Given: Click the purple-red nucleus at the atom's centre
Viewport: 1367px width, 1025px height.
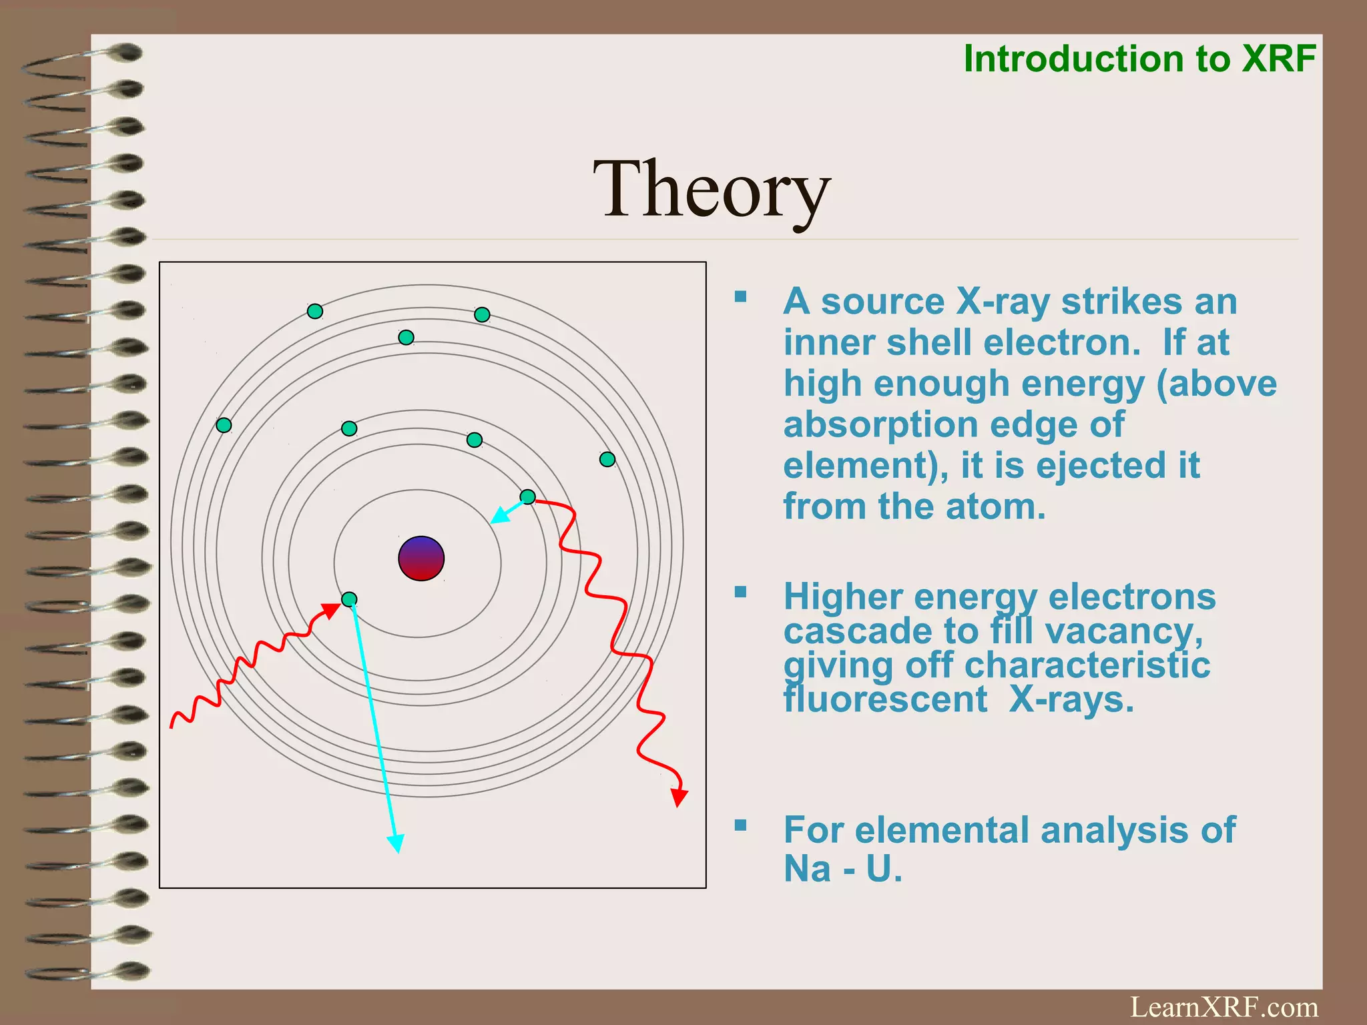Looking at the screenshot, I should (x=421, y=559).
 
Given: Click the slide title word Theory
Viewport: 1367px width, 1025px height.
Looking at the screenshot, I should (x=712, y=190).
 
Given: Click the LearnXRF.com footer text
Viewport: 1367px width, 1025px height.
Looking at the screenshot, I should (x=1223, y=1006).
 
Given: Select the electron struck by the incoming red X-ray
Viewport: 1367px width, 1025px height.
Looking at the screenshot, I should (x=349, y=599).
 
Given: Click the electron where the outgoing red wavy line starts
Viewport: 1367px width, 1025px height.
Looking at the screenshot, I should (x=527, y=496).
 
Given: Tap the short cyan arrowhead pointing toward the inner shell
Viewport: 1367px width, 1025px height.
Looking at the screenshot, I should (x=498, y=517).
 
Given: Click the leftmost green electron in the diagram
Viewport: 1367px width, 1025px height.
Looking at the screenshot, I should (x=224, y=425).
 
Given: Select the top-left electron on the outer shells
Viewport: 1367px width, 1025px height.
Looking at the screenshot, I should (x=315, y=311).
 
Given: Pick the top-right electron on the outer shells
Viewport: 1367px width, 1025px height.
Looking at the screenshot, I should (x=482, y=314).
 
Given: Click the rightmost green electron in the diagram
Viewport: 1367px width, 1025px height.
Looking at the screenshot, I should (x=607, y=459).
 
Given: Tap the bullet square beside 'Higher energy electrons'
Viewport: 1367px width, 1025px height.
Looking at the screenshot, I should (x=740, y=592).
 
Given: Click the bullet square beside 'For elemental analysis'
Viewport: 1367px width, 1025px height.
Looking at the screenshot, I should (x=740, y=825).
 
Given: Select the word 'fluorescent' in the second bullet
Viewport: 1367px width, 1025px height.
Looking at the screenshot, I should (x=885, y=700).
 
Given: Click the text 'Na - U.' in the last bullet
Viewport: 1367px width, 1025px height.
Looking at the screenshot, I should (x=842, y=869).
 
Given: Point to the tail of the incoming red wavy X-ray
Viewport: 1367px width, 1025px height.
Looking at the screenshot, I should (x=172, y=725).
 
